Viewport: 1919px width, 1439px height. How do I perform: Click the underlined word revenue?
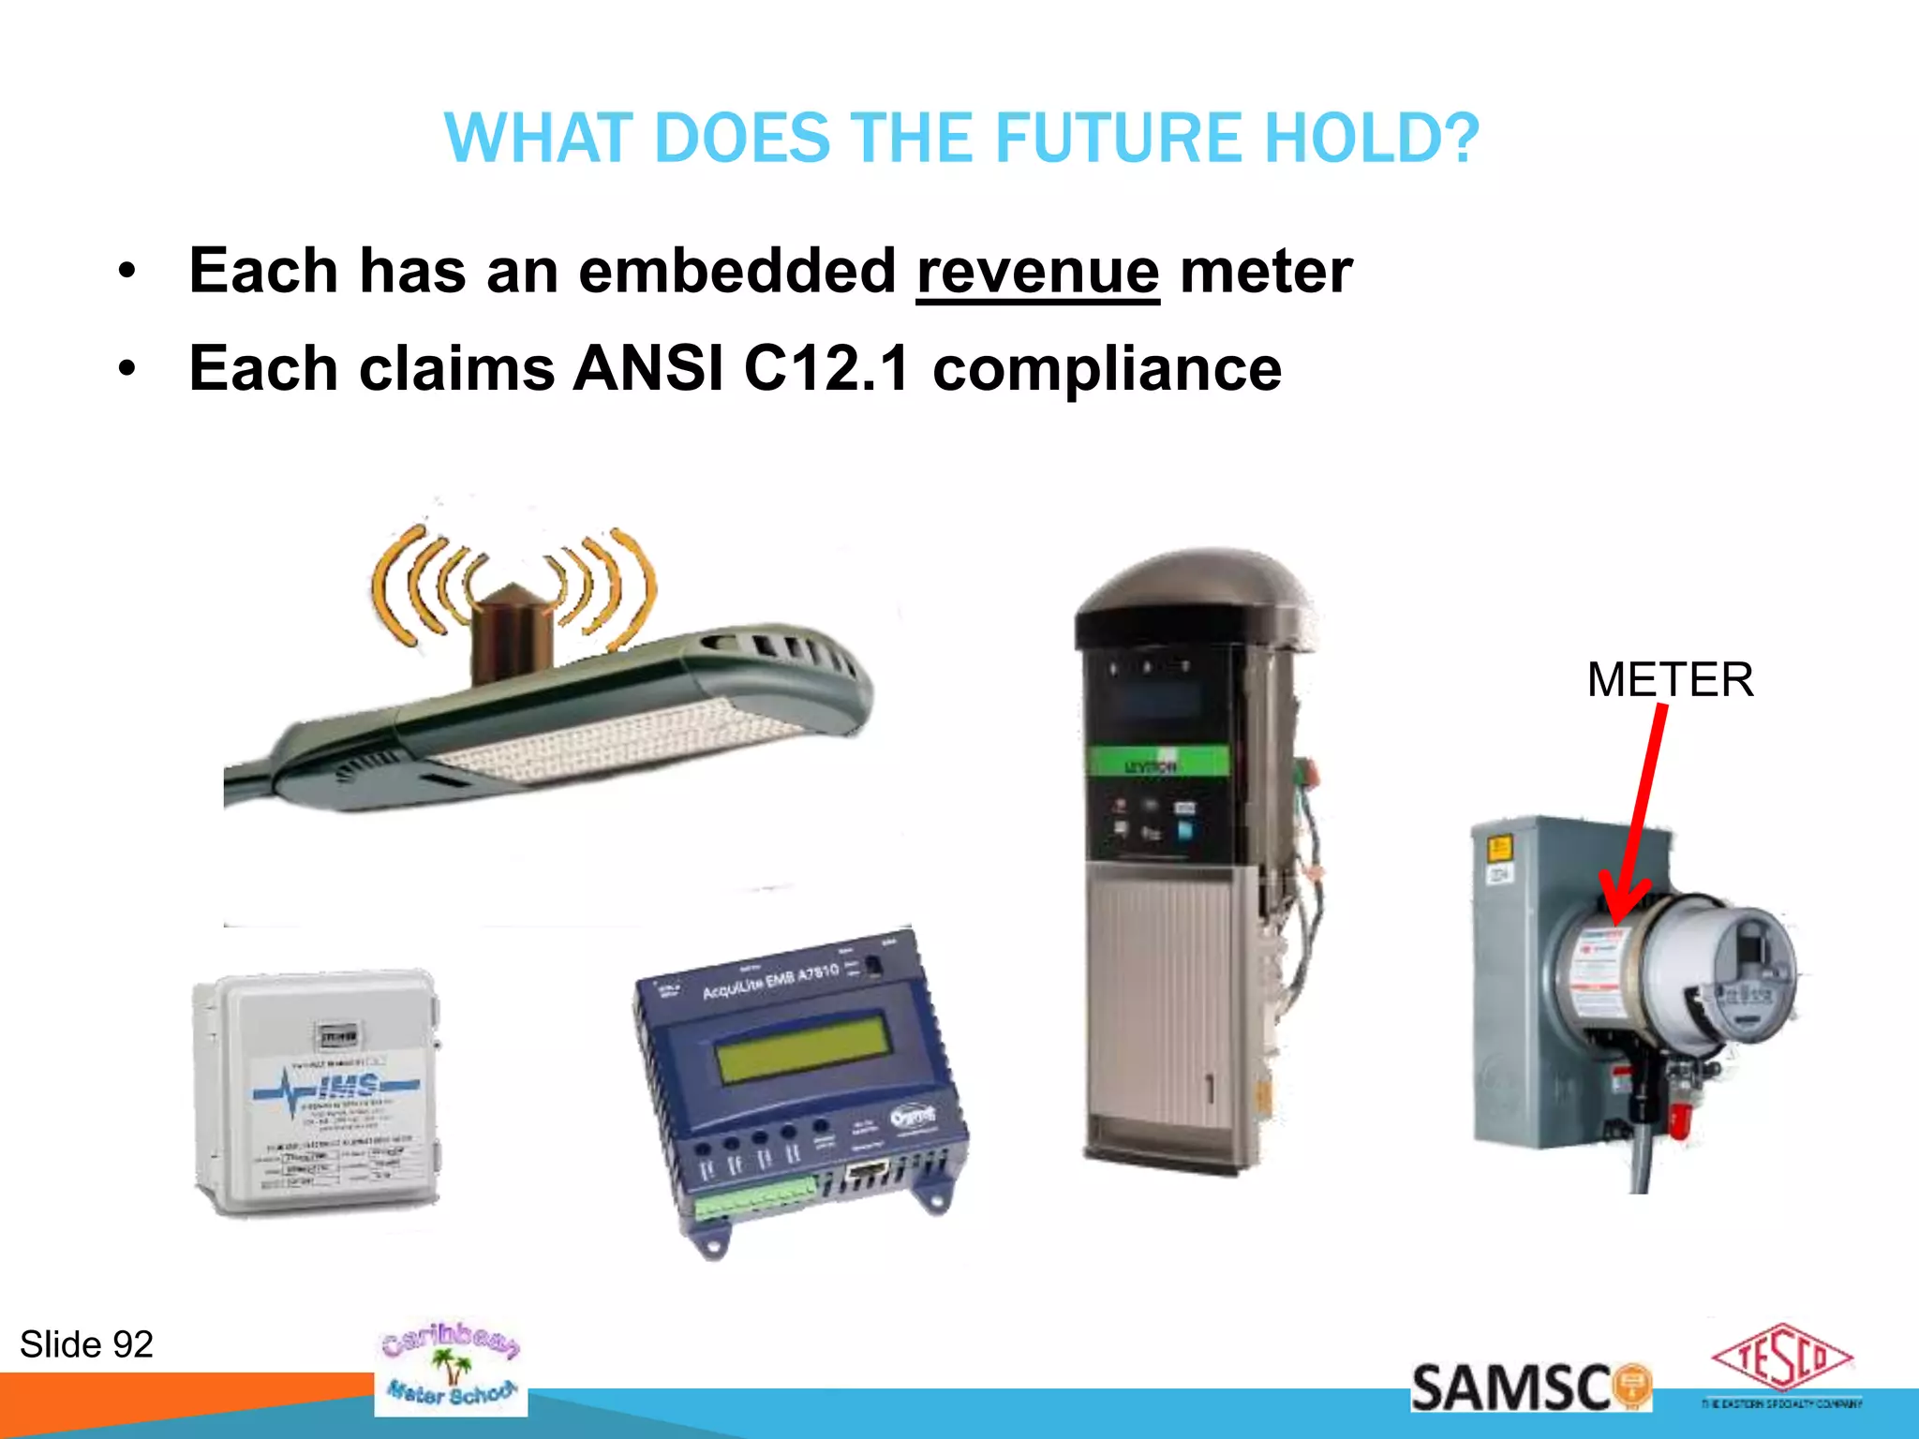(x=1037, y=272)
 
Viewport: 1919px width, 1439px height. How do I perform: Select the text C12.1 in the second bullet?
(x=826, y=368)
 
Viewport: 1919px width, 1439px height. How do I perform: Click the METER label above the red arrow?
(x=1670, y=679)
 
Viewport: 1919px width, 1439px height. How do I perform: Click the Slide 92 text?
(x=86, y=1344)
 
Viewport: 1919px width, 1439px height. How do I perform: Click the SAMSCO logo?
(x=1529, y=1387)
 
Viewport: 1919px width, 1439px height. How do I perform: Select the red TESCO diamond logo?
(x=1781, y=1357)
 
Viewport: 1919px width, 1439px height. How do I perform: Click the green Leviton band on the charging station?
(x=1156, y=762)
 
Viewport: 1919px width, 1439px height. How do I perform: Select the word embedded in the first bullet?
(x=737, y=272)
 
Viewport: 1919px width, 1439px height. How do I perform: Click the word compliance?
(x=1107, y=368)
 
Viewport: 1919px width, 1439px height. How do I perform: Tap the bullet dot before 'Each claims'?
(x=127, y=369)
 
